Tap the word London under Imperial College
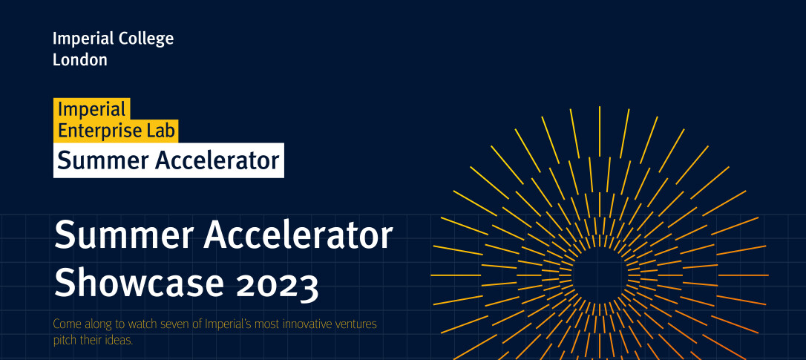pos(80,59)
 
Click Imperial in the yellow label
pos(85,109)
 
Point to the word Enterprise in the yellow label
pos(99,131)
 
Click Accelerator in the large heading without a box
pos(298,235)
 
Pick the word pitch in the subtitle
pos(65,341)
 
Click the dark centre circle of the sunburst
pos(600,275)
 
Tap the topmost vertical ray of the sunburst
pos(600,131)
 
